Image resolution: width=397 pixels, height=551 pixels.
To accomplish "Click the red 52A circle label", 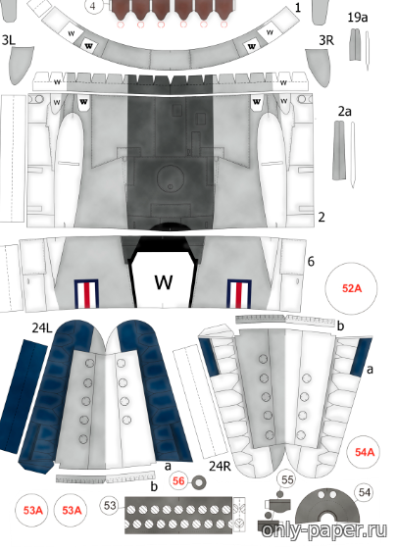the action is [351, 288].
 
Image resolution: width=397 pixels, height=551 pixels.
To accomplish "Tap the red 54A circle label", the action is [365, 452].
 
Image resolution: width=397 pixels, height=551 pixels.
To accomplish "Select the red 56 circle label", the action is [178, 480].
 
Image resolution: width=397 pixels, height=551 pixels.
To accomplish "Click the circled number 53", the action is [110, 506].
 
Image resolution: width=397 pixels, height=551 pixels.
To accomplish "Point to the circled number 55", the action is [287, 479].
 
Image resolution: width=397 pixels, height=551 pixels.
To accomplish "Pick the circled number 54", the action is [364, 493].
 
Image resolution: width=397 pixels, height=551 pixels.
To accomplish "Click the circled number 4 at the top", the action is [93, 6].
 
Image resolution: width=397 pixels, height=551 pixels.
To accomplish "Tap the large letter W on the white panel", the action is [164, 281].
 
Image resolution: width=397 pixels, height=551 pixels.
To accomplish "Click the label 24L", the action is [42, 327].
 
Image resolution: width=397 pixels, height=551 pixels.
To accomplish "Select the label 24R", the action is [220, 466].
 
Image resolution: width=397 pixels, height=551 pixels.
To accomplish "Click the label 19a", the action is [358, 18].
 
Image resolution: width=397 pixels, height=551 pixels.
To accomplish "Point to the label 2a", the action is [345, 112].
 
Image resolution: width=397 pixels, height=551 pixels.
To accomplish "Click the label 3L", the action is [9, 40].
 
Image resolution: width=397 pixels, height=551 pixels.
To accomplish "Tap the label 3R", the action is [326, 40].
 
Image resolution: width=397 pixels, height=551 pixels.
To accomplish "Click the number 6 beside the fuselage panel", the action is [311, 262].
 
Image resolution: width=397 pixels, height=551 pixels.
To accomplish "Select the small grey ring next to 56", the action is [199, 482].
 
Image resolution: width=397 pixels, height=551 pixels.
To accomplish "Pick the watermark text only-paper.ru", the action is [323, 530].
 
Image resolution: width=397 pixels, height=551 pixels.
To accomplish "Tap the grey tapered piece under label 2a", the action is [339, 150].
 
